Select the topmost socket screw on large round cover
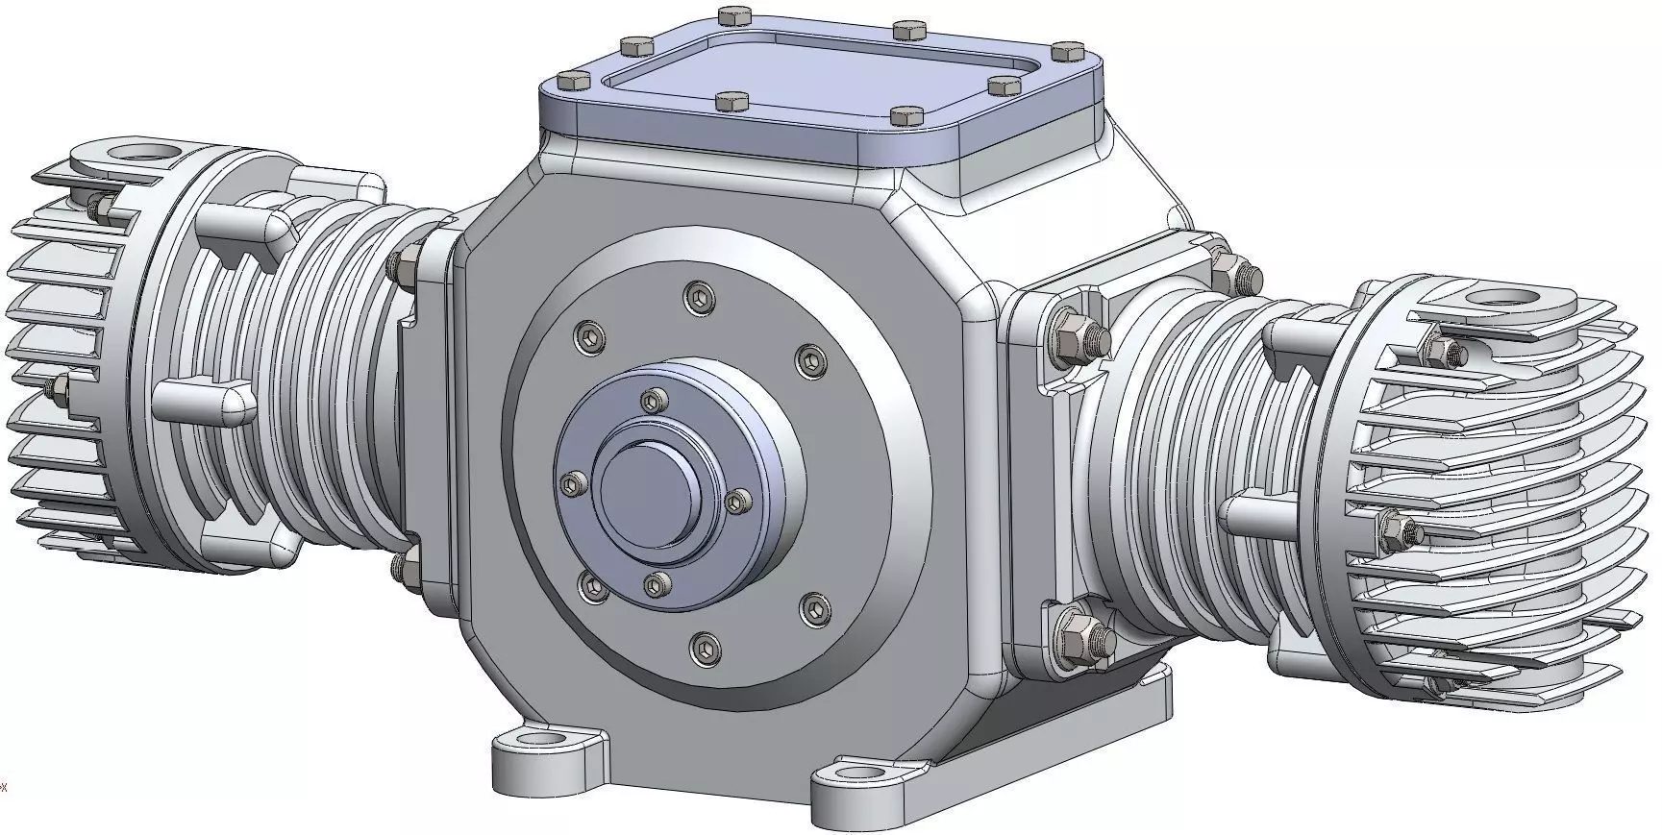point(699,297)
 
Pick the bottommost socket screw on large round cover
point(706,649)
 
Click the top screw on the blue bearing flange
point(655,400)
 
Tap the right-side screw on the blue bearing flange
point(738,501)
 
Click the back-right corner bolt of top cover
point(1063,50)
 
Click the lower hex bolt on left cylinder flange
point(403,567)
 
